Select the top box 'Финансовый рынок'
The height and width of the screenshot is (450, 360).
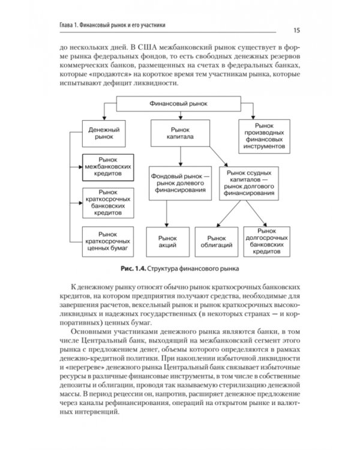pyautogui.click(x=178, y=104)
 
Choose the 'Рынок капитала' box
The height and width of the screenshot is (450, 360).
pyautogui.click(x=179, y=133)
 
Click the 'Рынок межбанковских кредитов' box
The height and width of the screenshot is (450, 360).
pyautogui.click(x=107, y=167)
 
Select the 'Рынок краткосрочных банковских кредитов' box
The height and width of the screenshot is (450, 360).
pyautogui.click(x=107, y=202)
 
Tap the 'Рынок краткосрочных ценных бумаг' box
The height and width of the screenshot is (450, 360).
pyautogui.click(x=107, y=239)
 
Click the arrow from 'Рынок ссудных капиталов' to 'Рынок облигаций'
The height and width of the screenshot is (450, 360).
pyautogui.click(x=231, y=213)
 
